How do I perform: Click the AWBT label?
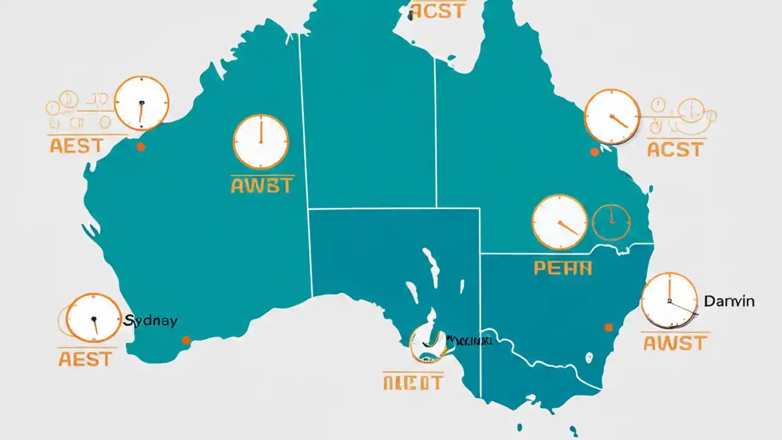tap(261, 185)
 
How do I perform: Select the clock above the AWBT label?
tap(260, 142)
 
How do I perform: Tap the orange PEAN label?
tap(563, 268)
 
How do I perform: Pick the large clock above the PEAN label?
tap(559, 222)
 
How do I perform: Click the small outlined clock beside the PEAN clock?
tap(612, 222)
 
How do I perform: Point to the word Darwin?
tap(729, 301)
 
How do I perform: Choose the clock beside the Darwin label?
tap(669, 300)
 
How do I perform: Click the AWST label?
tap(675, 343)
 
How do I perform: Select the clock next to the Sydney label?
tap(93, 318)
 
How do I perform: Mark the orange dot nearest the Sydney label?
tap(186, 340)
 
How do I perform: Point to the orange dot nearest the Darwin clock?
tap(608, 328)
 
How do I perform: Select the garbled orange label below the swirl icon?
tap(412, 383)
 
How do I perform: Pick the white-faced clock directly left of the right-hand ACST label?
tap(612, 117)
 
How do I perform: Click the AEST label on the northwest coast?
tap(76, 145)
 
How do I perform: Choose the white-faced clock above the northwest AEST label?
tap(141, 103)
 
